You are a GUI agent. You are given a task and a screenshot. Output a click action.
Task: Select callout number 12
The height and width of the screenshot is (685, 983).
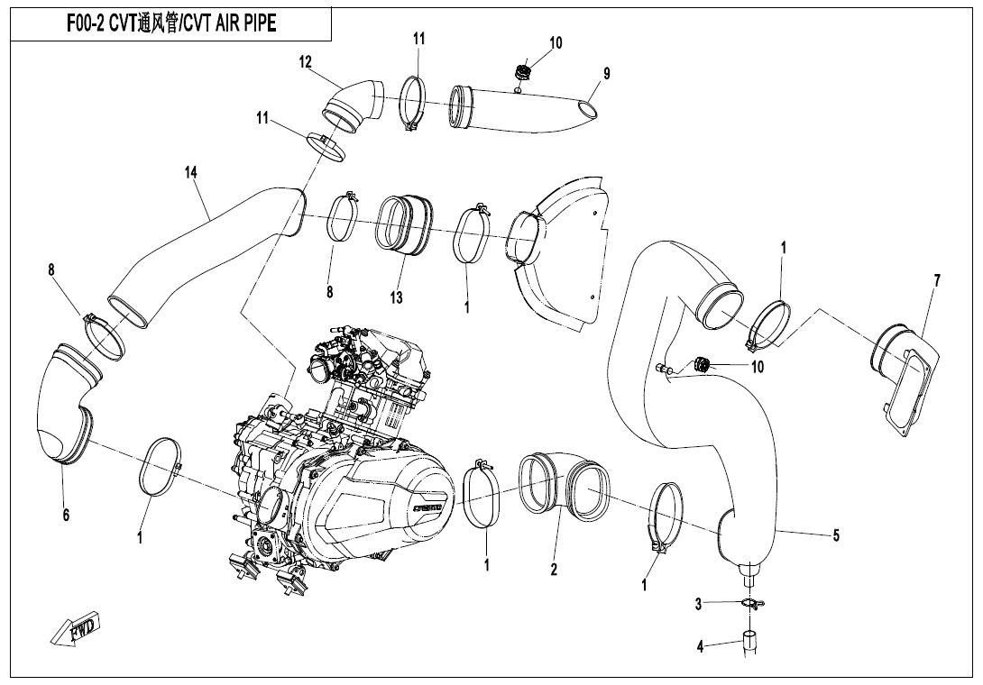coord(306,62)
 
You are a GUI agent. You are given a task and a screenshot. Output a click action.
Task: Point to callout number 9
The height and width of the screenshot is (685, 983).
coord(606,73)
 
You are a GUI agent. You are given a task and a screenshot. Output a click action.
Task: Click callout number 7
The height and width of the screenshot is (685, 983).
coord(937,281)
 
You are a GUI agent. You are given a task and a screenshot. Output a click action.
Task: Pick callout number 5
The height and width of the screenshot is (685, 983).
coord(836,535)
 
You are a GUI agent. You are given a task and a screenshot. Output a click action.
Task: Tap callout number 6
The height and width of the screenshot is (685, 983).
coord(66,516)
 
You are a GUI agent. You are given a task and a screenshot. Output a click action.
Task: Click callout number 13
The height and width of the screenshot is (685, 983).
coord(396,297)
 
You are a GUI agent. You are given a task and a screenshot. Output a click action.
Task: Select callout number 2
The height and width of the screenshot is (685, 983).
coord(554,569)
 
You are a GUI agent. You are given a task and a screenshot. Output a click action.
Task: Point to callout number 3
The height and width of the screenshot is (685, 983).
coord(698,604)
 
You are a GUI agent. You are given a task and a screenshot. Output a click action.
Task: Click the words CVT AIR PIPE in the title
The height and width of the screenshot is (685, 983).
coord(227,23)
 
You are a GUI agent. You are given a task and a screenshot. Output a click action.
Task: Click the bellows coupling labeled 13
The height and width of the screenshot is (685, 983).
coord(404,225)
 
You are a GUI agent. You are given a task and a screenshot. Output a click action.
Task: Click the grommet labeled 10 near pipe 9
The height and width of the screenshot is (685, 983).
coord(520,72)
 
